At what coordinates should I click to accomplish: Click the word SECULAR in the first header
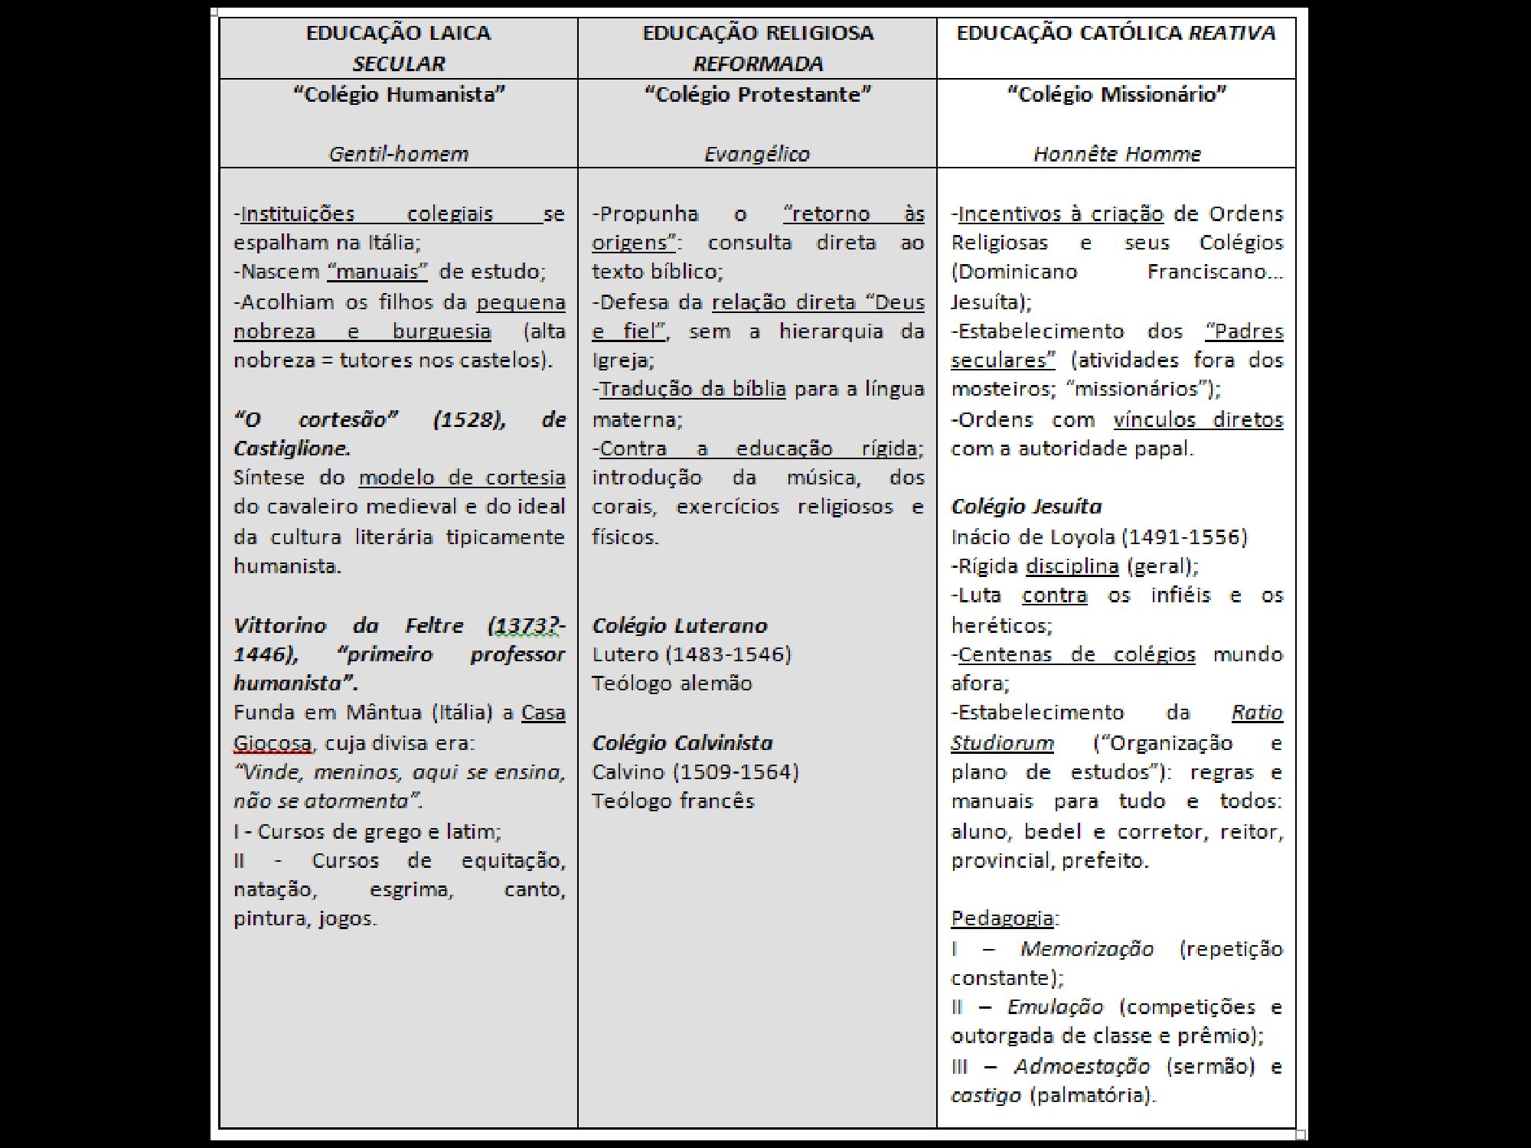[398, 64]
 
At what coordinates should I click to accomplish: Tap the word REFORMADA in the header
[758, 64]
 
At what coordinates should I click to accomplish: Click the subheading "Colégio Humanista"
[399, 95]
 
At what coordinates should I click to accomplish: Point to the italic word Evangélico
[757, 155]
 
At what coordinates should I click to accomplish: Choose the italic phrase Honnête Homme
[1117, 155]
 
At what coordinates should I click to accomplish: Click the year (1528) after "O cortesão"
[468, 419]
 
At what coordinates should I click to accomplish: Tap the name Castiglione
[292, 448]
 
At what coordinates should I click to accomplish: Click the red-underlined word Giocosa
[273, 743]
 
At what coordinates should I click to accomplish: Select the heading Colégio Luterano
[680, 626]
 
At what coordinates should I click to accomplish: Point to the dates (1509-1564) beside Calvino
[736, 772]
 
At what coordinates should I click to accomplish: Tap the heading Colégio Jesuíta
[1027, 507]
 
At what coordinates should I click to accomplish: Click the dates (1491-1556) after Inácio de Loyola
[1184, 537]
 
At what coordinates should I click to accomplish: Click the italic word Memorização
[1086, 949]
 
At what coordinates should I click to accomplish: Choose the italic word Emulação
[1055, 1007]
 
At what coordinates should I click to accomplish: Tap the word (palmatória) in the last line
[1092, 1096]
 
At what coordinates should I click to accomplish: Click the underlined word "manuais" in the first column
[377, 272]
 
